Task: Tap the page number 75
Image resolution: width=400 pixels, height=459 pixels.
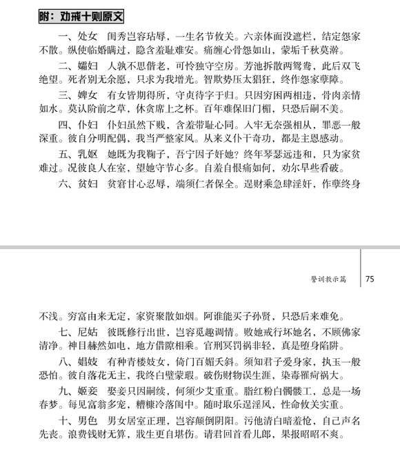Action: [x=370, y=280]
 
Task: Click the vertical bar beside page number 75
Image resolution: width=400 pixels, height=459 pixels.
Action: [x=361, y=269]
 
